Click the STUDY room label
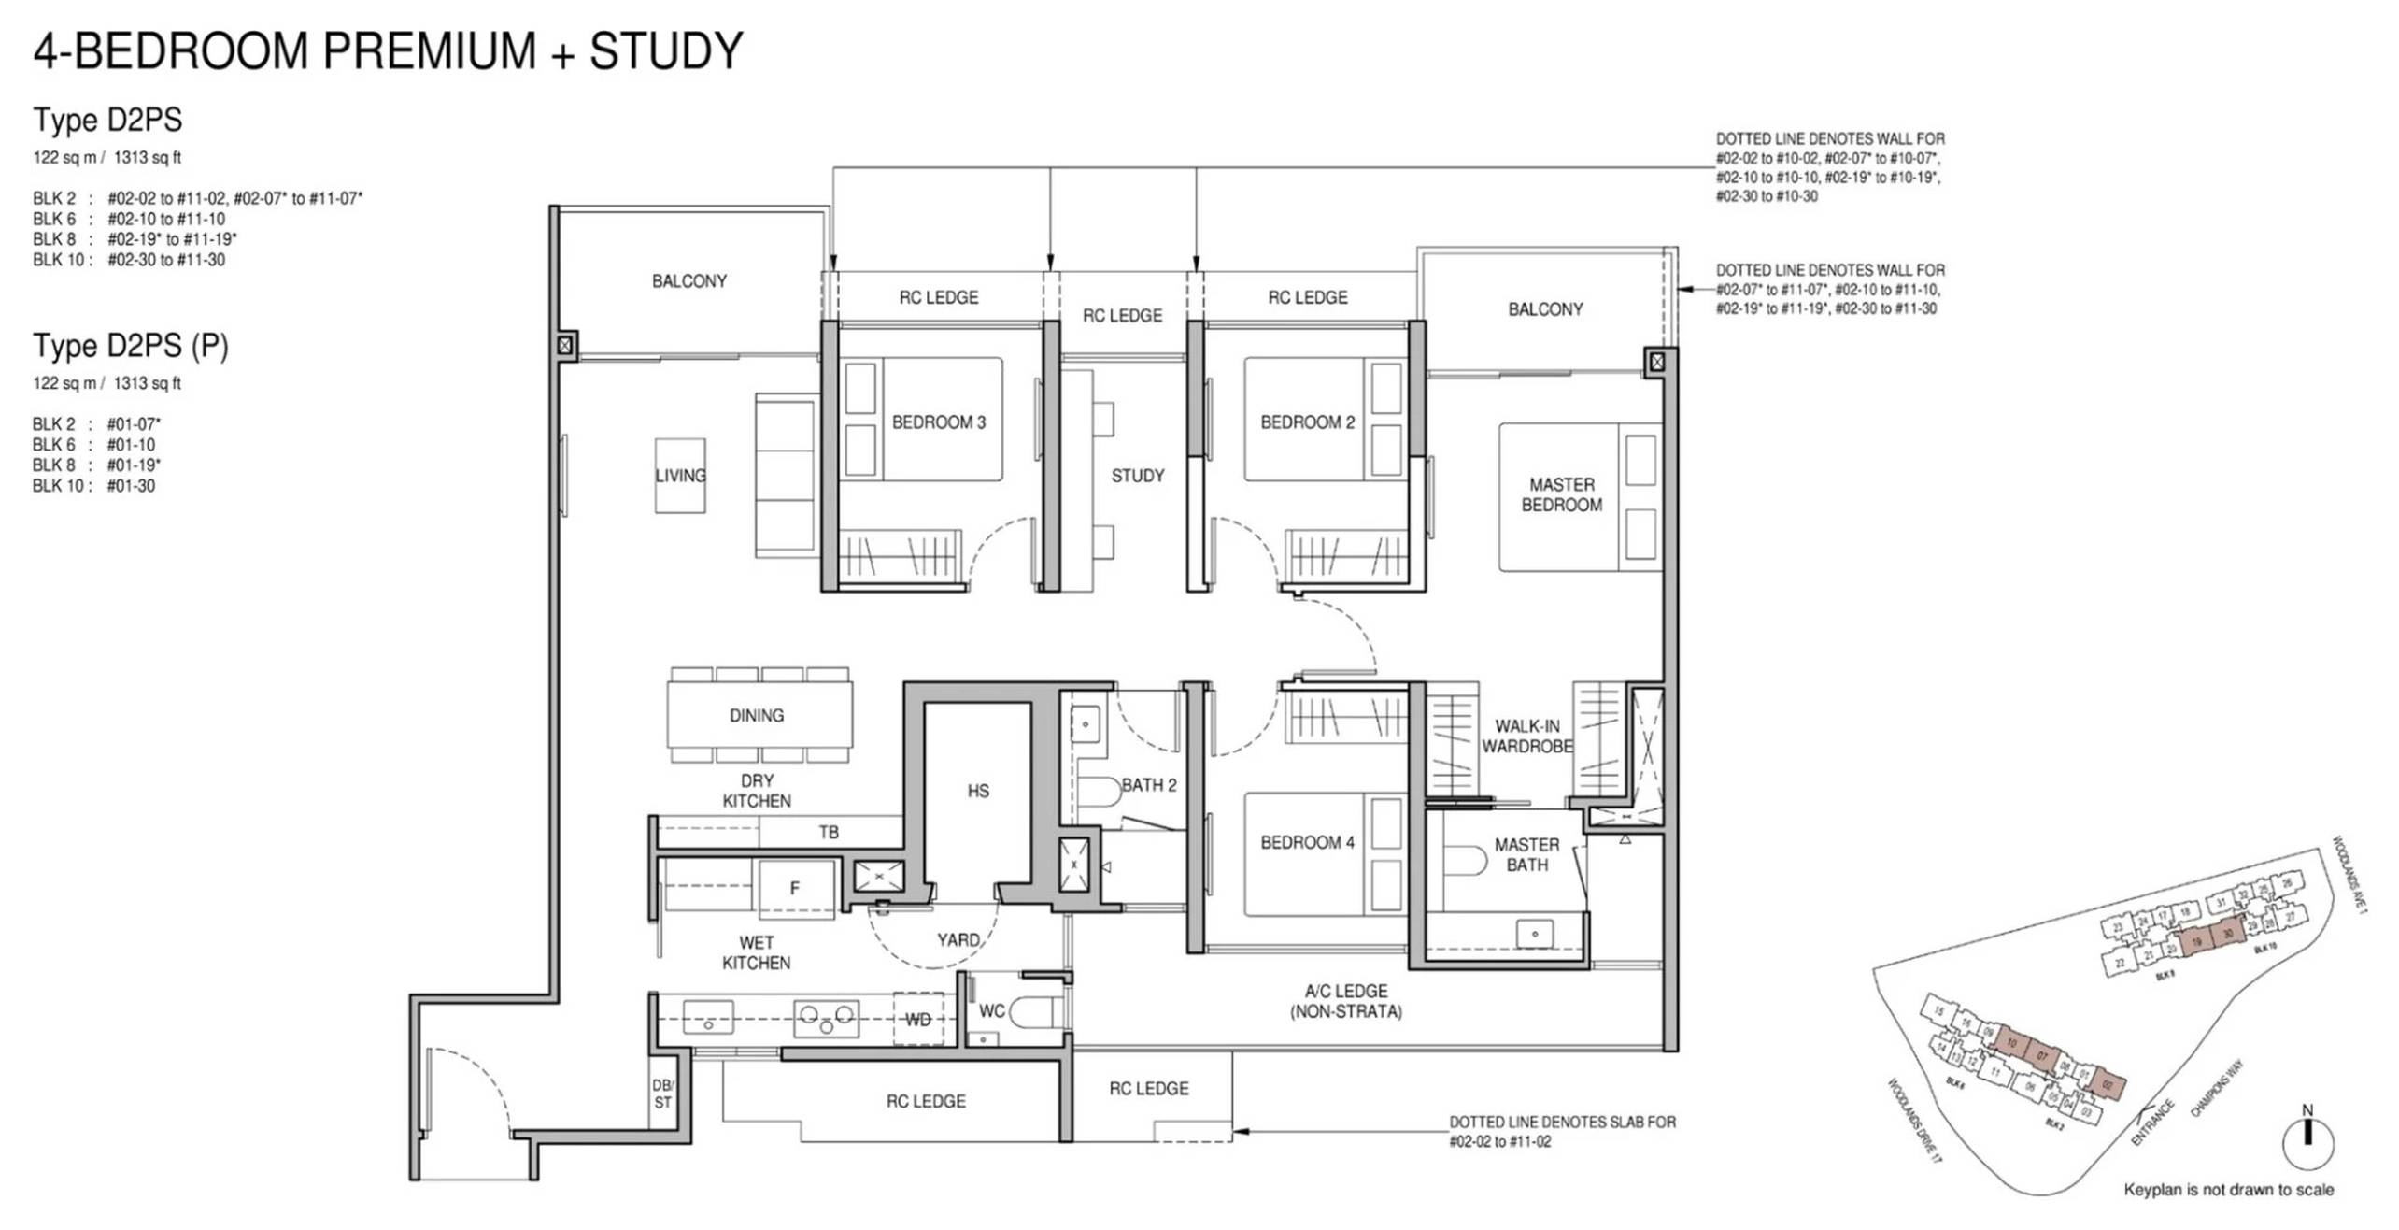point(1137,476)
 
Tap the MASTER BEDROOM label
point(1561,494)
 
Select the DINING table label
point(757,716)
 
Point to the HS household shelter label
point(978,792)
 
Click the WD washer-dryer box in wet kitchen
point(917,1020)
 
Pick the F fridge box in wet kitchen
point(795,888)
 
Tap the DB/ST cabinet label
point(662,1094)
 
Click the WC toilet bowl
point(1032,1011)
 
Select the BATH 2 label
point(1148,785)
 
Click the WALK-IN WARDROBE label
point(1526,737)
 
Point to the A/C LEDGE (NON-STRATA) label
point(1345,1001)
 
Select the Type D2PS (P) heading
point(131,346)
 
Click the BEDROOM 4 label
point(1307,843)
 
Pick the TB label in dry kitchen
point(829,832)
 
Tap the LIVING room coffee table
point(680,476)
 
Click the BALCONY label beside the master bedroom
point(1545,309)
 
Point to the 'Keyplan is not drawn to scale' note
point(2228,1190)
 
